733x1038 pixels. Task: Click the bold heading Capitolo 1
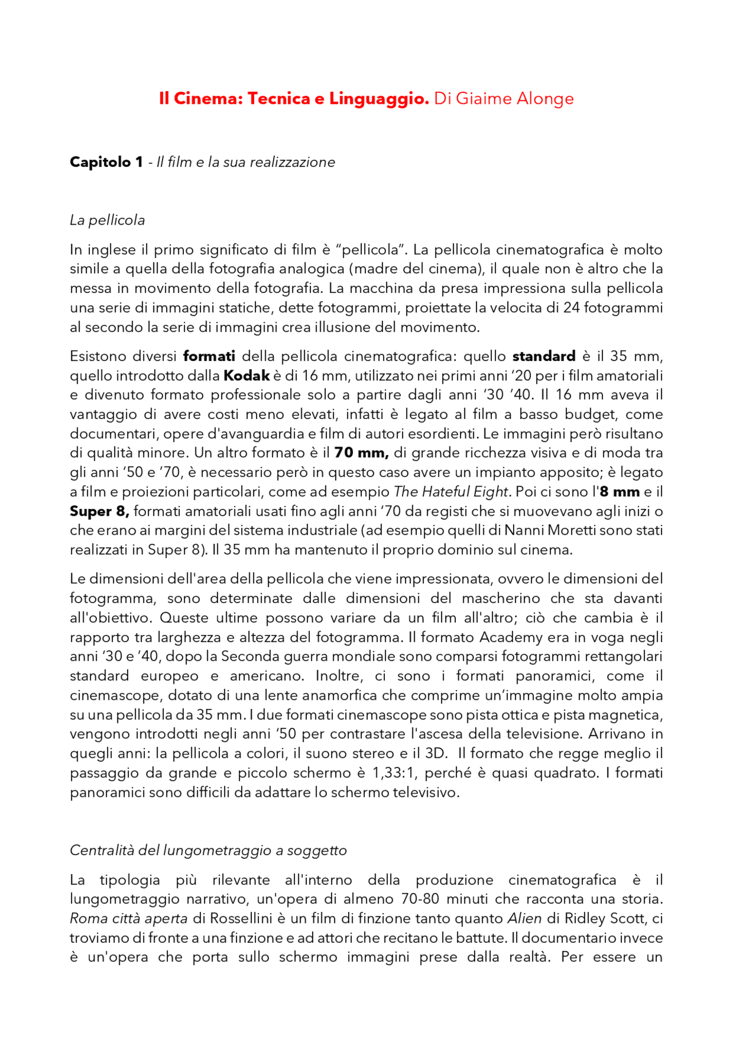point(106,162)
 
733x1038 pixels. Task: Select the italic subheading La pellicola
point(107,220)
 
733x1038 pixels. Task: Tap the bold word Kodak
point(246,376)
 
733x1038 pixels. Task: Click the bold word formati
point(209,357)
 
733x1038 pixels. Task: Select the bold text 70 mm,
point(361,453)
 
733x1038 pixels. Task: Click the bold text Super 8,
point(99,511)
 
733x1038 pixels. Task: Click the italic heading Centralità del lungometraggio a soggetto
point(208,850)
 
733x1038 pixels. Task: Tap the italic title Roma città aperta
point(128,919)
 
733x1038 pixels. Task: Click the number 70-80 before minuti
point(421,899)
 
